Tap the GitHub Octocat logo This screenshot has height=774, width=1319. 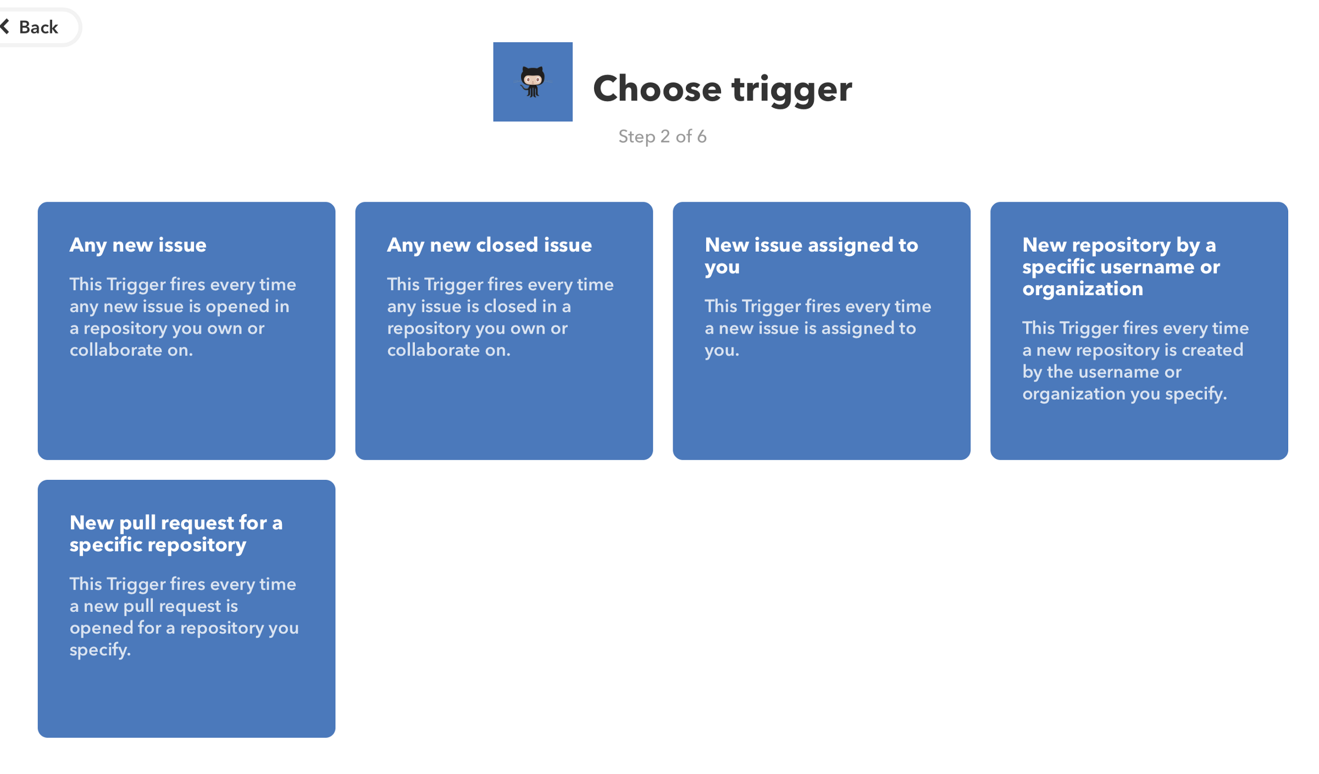[x=532, y=82]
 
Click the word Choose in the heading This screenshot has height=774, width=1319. [x=657, y=89]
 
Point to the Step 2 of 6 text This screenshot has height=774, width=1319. [x=662, y=136]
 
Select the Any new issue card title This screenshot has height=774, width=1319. [x=138, y=245]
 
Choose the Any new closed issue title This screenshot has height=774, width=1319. [x=489, y=245]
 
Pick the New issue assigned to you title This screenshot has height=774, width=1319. [x=811, y=256]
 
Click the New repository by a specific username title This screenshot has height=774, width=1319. [x=1121, y=267]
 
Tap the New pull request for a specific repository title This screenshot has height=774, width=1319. [x=176, y=533]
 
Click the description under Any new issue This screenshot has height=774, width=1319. [x=182, y=317]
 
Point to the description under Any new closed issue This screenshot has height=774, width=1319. [x=500, y=317]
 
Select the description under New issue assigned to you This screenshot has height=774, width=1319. [x=818, y=328]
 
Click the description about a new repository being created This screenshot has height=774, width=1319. [x=1135, y=361]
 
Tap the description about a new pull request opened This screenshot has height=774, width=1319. [x=184, y=617]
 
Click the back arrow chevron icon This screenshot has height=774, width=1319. [x=5, y=26]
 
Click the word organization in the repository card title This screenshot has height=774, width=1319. [x=1083, y=289]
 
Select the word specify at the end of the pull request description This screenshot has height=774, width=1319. [x=100, y=650]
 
